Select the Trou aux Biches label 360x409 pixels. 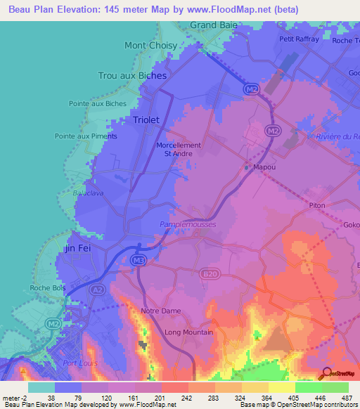click(132, 75)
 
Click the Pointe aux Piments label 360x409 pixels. click(86, 136)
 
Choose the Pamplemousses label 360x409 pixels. click(188, 224)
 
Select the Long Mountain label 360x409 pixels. click(188, 332)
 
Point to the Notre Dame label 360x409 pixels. click(161, 311)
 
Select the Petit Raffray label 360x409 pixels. click(299, 39)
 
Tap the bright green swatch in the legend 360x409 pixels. click(309, 387)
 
